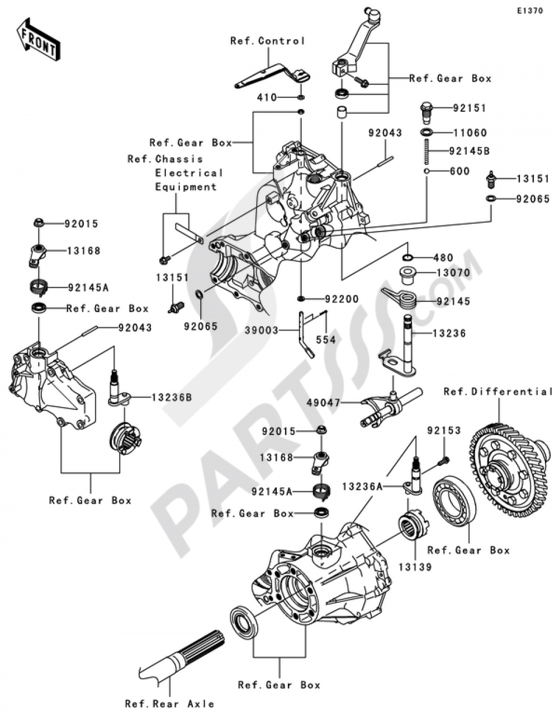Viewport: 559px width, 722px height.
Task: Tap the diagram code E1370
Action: click(x=529, y=11)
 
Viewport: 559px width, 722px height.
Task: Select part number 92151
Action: click(x=470, y=108)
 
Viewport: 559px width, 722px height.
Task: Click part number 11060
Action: click(x=470, y=133)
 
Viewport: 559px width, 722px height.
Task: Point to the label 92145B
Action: click(x=472, y=150)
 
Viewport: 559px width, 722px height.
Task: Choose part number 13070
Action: click(x=453, y=273)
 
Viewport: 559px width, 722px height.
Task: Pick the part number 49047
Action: click(x=324, y=402)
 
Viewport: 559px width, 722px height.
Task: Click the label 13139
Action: click(x=415, y=567)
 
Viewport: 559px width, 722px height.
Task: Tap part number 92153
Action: click(x=444, y=431)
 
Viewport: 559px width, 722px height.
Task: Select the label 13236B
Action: click(x=171, y=397)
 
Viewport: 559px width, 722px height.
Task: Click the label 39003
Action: click(x=261, y=331)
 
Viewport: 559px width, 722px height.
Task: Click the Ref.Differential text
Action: click(x=498, y=392)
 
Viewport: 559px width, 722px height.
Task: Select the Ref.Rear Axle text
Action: click(x=169, y=704)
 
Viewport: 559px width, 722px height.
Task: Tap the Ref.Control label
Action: click(x=268, y=41)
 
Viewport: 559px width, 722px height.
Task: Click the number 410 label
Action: click(x=267, y=98)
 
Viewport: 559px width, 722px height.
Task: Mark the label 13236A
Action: click(x=363, y=487)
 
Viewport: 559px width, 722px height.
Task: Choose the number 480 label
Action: click(x=442, y=258)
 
